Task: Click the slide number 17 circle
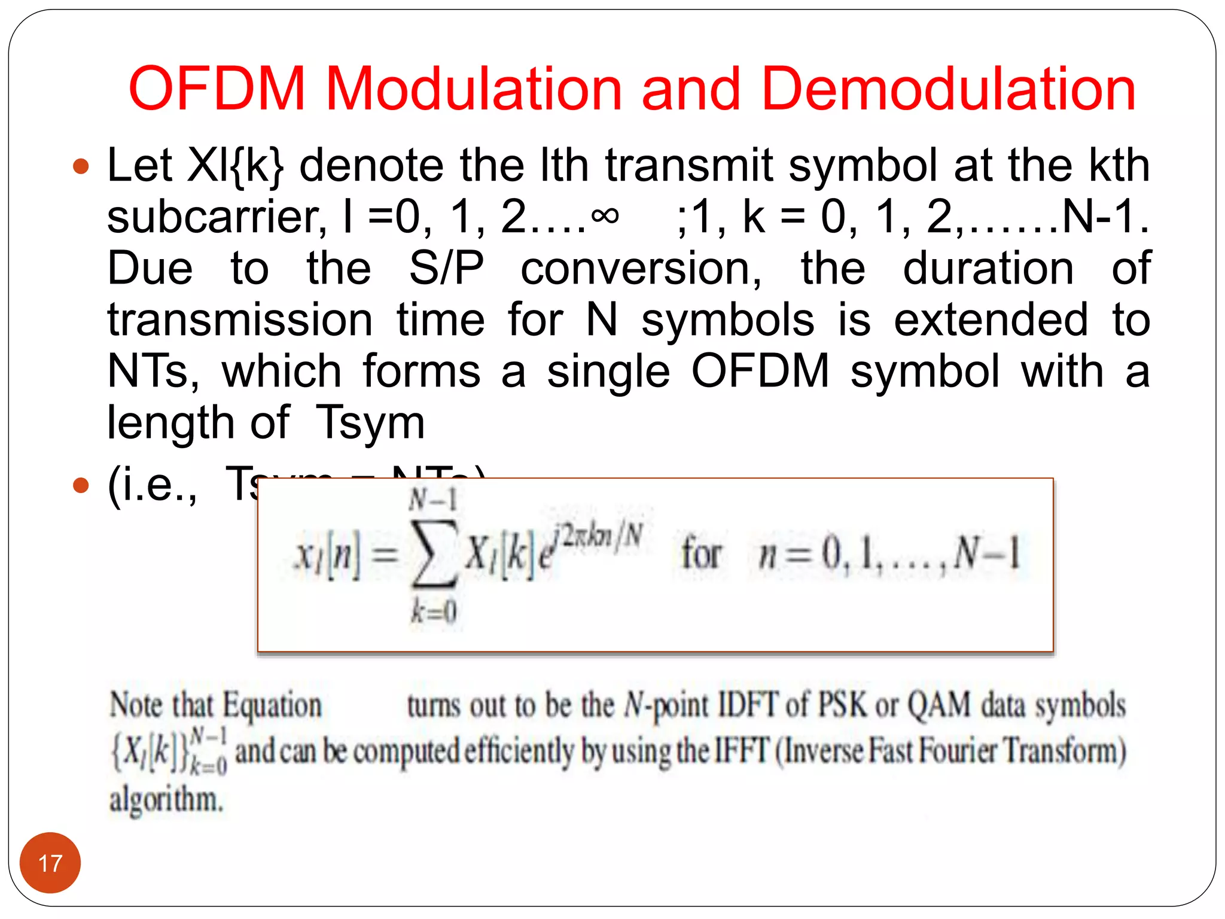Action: coord(50,863)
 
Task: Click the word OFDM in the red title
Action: coord(217,89)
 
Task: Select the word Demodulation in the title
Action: coord(949,89)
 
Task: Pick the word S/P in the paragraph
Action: coord(446,269)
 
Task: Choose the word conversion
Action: coord(641,269)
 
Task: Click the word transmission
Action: coord(240,320)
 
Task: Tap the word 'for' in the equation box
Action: coord(702,553)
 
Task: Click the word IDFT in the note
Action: coord(748,705)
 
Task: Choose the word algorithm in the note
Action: coord(166,800)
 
